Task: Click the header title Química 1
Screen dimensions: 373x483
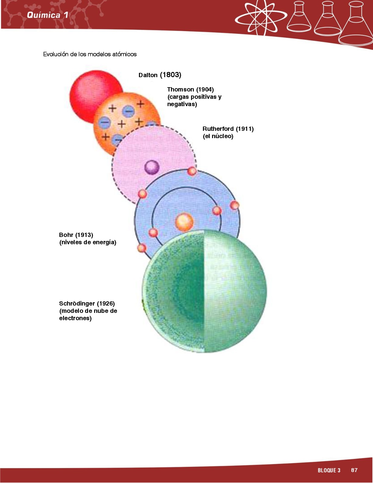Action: pos(47,15)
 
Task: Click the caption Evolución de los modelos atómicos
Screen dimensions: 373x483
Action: pos(90,54)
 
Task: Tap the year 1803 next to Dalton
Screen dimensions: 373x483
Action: pos(171,75)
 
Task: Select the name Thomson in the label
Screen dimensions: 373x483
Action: pos(180,89)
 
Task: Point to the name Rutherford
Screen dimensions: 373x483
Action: pos(218,129)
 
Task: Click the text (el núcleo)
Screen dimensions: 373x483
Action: pos(218,136)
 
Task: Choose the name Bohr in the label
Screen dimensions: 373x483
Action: pos(66,235)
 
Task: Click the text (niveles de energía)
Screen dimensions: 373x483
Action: pos(88,242)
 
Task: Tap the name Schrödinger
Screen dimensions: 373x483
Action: pos(77,303)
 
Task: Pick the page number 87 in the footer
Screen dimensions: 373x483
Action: pos(354,470)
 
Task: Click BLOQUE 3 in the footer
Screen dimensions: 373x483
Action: pos(329,470)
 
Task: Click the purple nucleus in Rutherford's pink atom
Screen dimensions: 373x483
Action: pos(151,167)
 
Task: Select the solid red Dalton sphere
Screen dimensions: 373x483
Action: pos(88,88)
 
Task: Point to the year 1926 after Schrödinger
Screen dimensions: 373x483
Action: pos(106,303)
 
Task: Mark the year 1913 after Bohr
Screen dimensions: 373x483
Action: pos(84,235)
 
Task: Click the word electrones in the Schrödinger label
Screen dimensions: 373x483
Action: pos(75,318)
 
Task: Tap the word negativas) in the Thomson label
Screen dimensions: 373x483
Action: pos(182,104)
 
